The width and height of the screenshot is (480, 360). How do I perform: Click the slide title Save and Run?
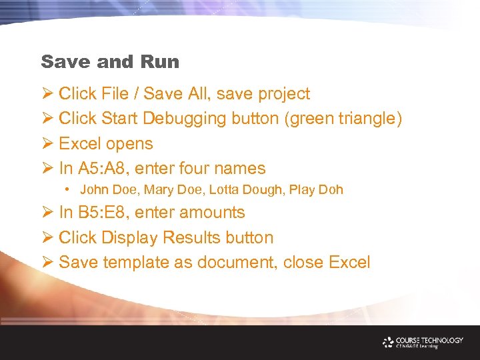(x=110, y=62)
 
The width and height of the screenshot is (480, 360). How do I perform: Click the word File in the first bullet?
(x=115, y=94)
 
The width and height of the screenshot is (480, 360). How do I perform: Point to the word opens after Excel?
(x=130, y=144)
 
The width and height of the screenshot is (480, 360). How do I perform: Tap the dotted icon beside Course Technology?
(x=389, y=342)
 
